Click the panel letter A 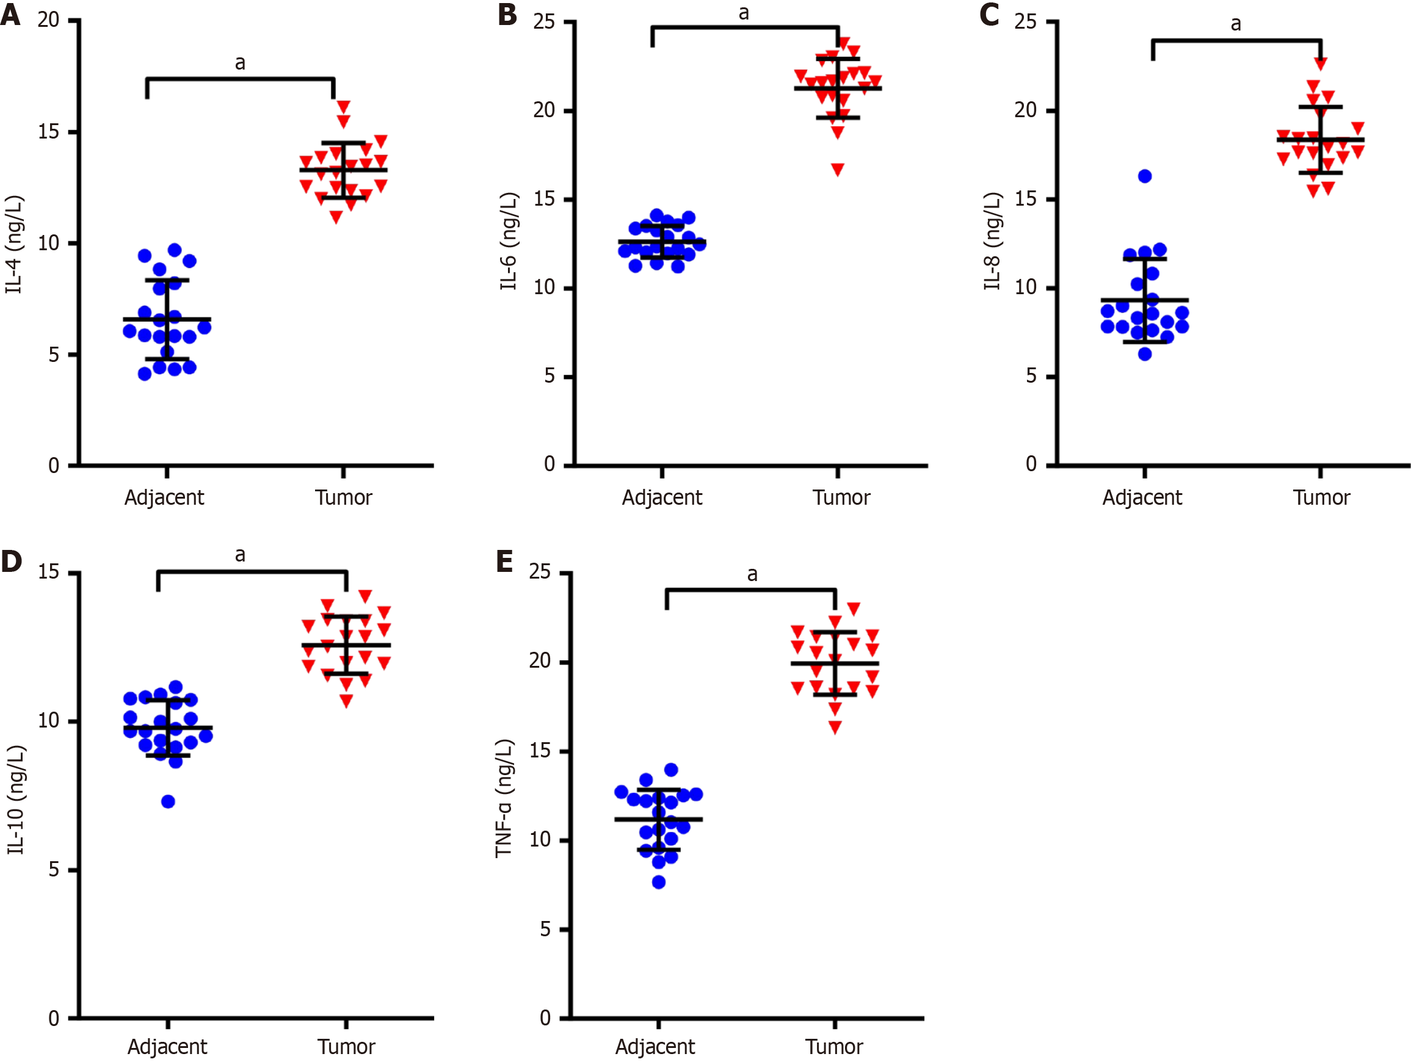coord(10,14)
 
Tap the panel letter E coord(504,562)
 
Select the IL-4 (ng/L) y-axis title coord(14,244)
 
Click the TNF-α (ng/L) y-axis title coord(504,798)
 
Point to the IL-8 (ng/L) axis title coord(992,241)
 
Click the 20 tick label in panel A coord(48,20)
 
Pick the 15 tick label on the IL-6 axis coord(544,199)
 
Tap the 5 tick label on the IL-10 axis coord(54,869)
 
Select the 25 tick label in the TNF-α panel coord(540,571)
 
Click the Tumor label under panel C coord(1321,497)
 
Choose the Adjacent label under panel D coord(167,1047)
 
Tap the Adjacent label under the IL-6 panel coord(661,497)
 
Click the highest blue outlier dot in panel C coord(1145,176)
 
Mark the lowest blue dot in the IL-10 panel coord(168,802)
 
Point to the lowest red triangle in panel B coord(838,170)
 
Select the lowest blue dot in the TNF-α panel coord(659,882)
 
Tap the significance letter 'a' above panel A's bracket coord(240,63)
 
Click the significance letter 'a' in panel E coord(753,575)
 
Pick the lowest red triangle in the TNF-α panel coord(835,727)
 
